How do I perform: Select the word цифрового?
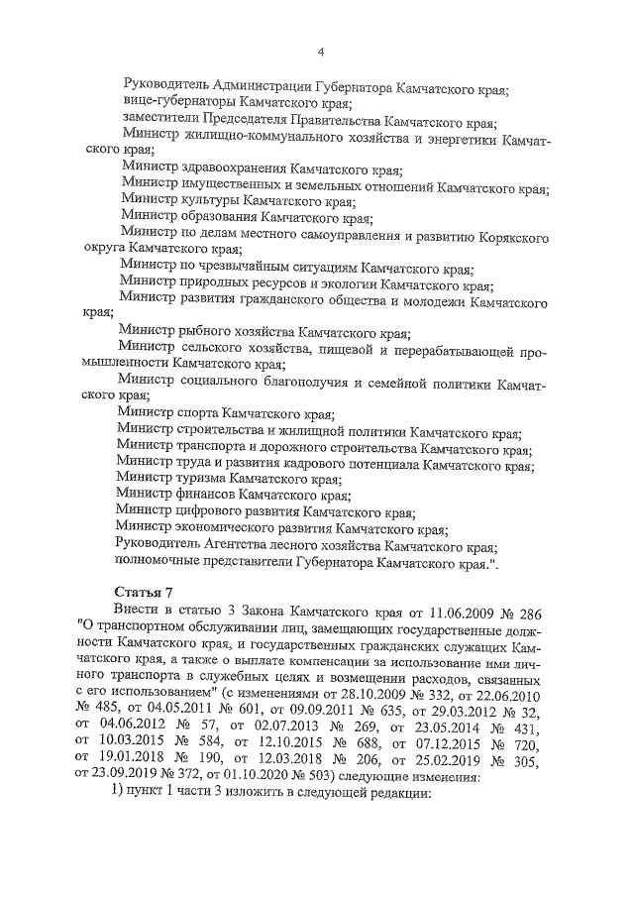pyautogui.click(x=215, y=511)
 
